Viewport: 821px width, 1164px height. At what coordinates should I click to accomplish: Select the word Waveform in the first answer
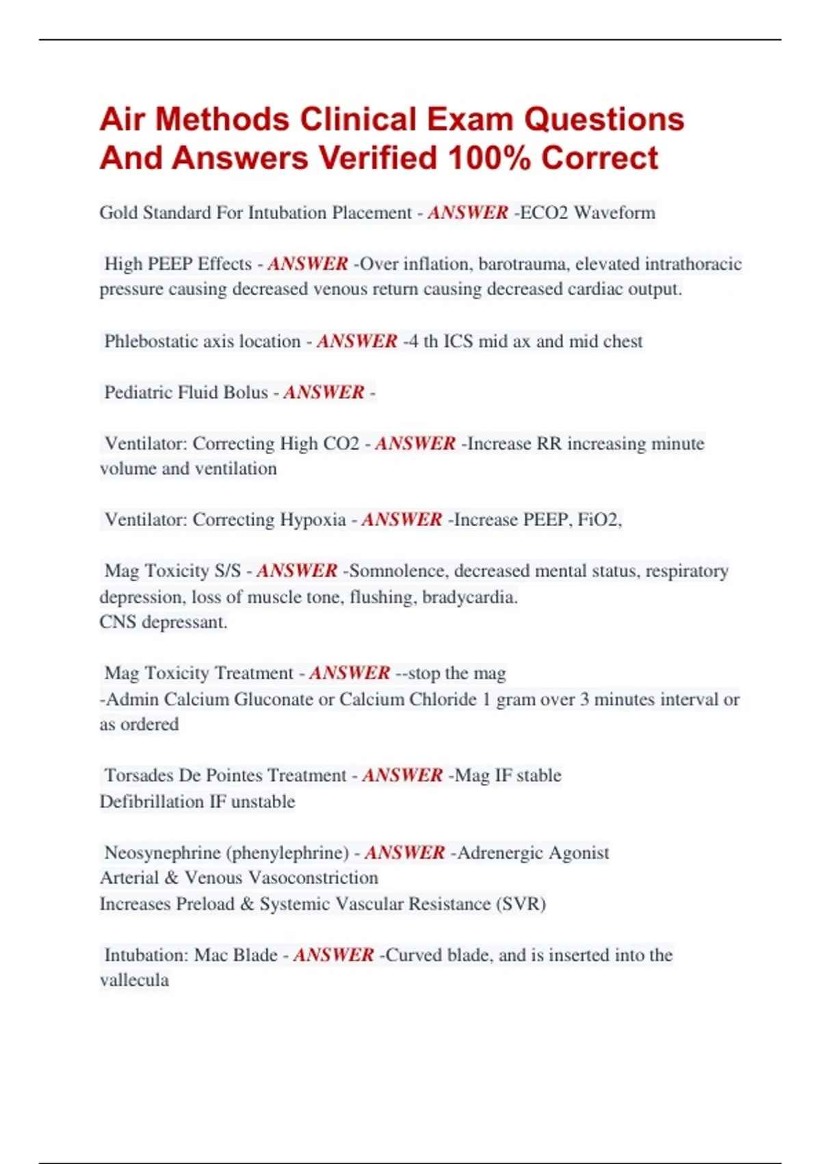tap(614, 213)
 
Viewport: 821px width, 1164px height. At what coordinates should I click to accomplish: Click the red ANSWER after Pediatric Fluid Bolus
tap(324, 392)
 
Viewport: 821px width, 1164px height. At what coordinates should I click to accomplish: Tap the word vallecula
tap(134, 980)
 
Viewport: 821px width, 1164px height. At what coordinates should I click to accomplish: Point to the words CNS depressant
tap(163, 622)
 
